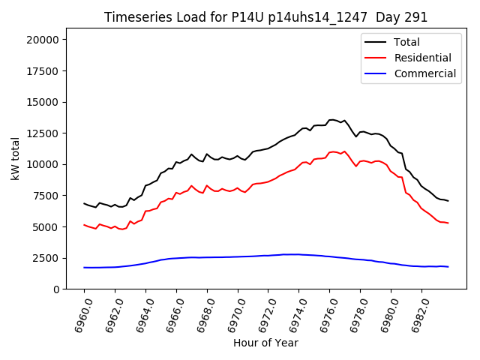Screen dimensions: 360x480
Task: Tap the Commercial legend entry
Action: point(424,73)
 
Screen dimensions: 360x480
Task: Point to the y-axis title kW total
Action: point(16,160)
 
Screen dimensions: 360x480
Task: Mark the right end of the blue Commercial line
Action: point(448,267)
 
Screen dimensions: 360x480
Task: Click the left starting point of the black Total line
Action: point(84,203)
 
